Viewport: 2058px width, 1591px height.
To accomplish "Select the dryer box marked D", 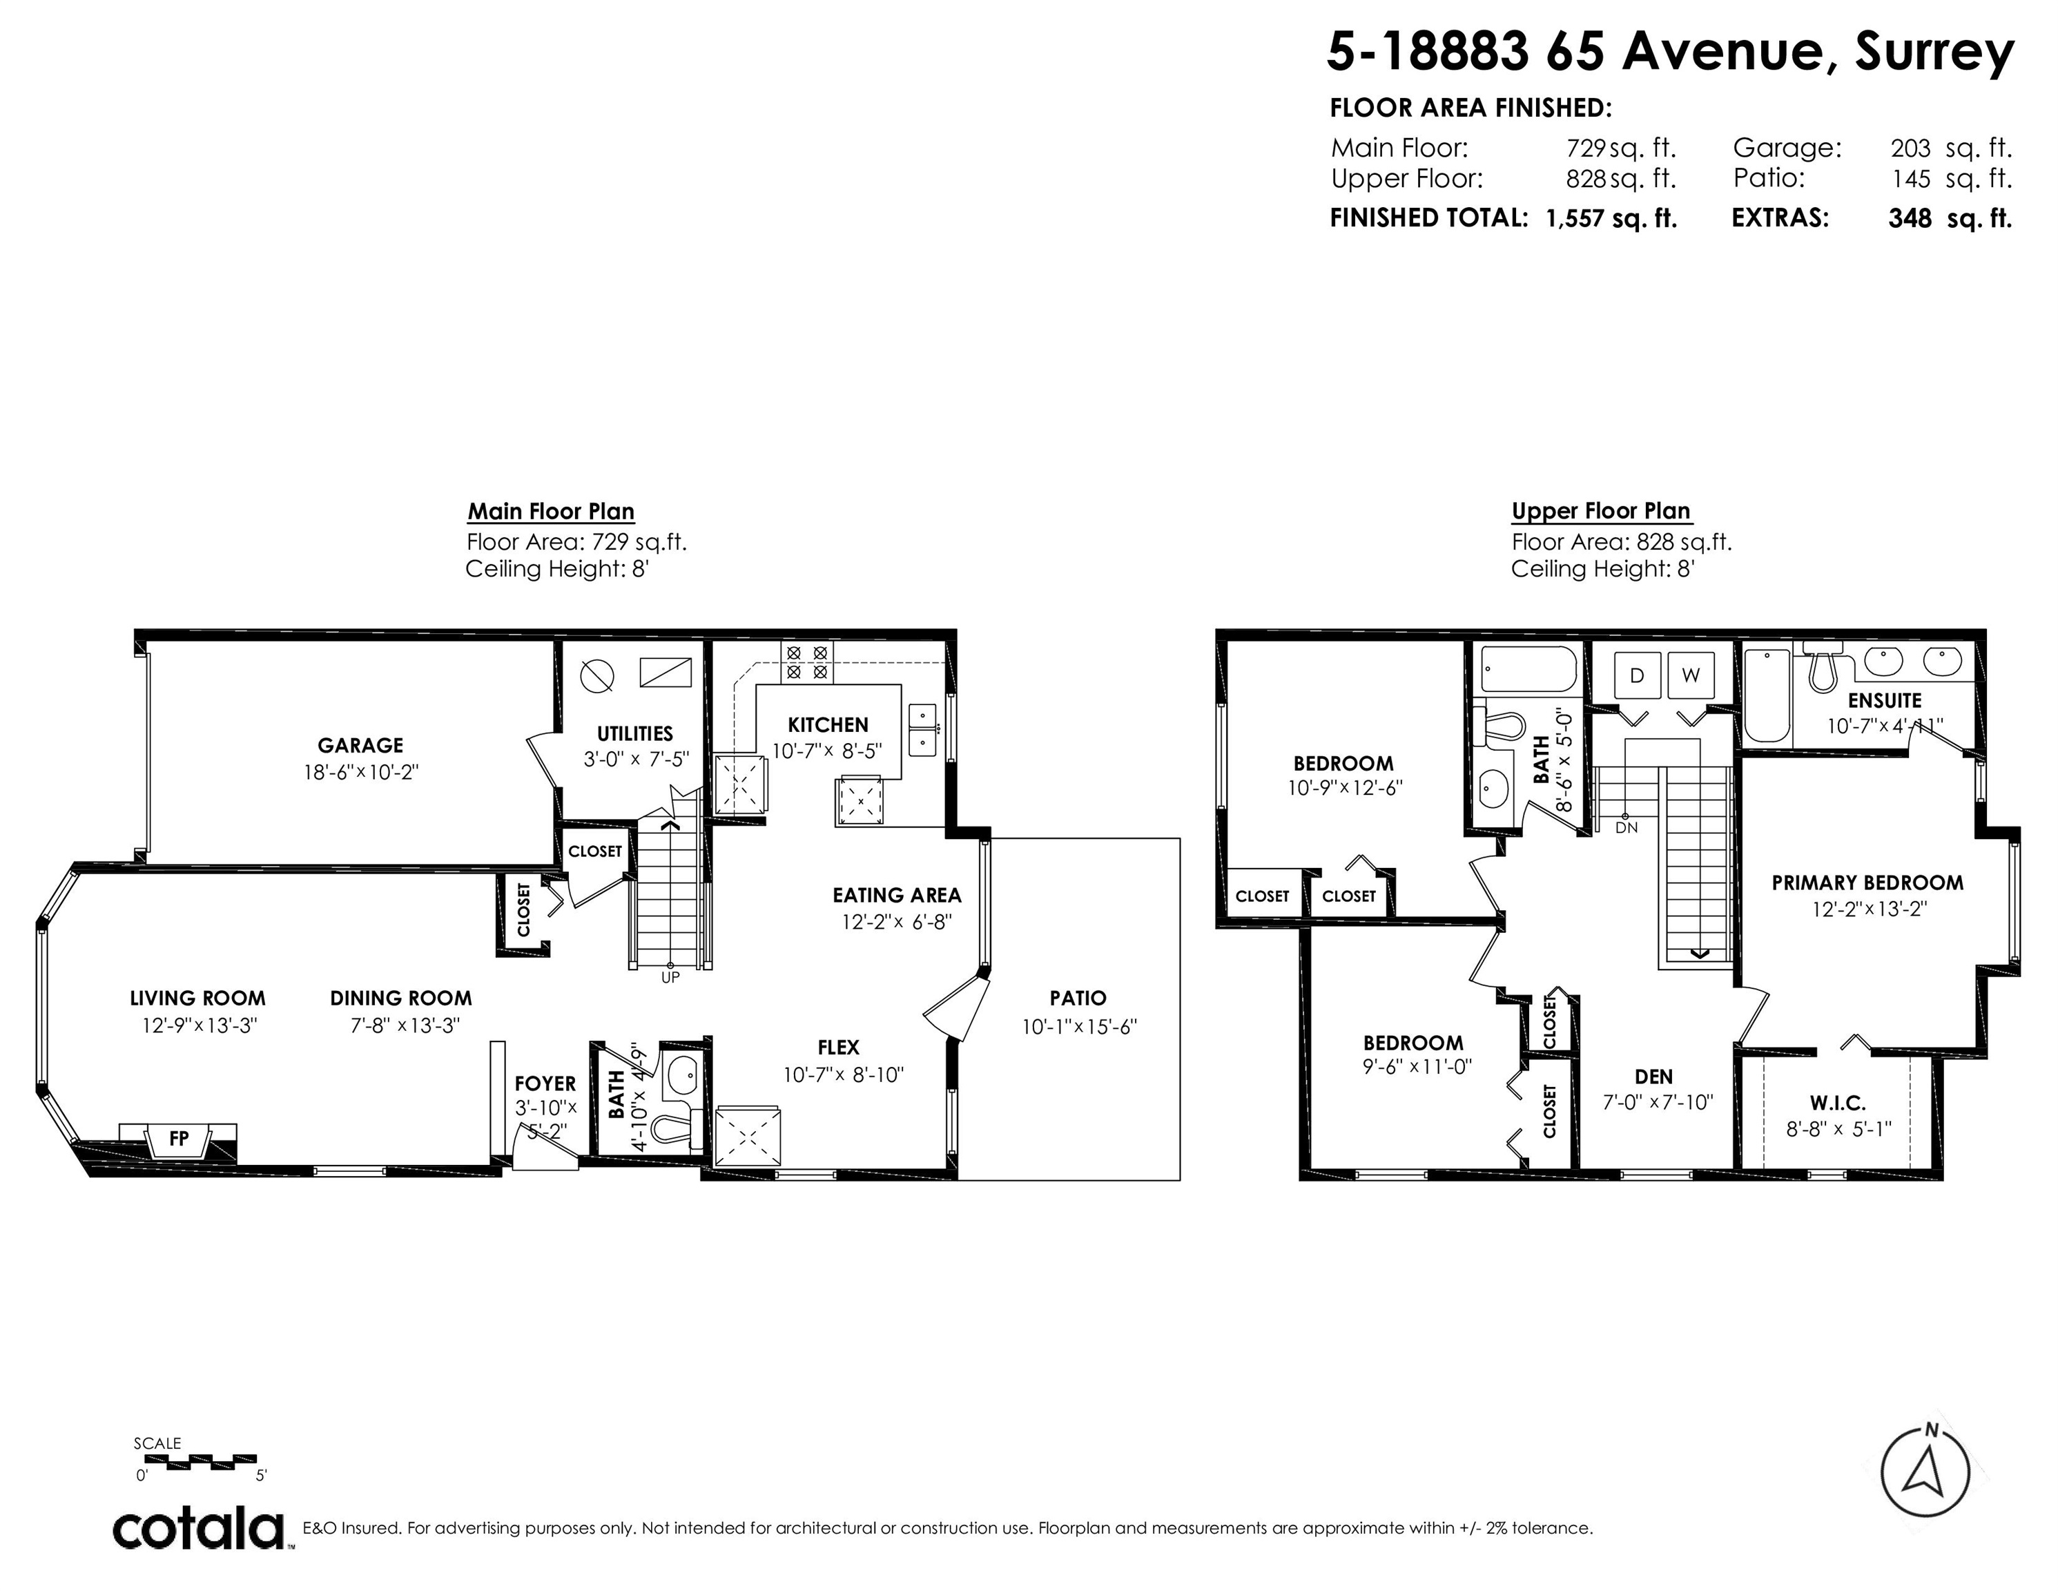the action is [1637, 675].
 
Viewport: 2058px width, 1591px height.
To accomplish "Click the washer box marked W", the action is [1691, 675].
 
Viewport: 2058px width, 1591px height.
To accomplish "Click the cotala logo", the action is [199, 1530].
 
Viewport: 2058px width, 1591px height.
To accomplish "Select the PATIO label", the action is [1078, 998].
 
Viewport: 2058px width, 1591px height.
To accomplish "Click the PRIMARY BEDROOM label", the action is [1867, 883].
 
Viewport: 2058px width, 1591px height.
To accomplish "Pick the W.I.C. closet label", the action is [1838, 1103].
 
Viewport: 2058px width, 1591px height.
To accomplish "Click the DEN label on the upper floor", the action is [1653, 1077].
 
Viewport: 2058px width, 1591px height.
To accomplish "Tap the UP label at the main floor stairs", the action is [670, 977].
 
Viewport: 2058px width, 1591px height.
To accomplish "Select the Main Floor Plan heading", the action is [551, 512].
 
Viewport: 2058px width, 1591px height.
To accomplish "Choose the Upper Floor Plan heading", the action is [1601, 512].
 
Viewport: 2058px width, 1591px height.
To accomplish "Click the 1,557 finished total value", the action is [1575, 219].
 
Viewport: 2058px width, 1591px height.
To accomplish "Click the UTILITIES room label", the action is [635, 733].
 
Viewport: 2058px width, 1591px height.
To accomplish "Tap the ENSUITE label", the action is [1885, 700].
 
